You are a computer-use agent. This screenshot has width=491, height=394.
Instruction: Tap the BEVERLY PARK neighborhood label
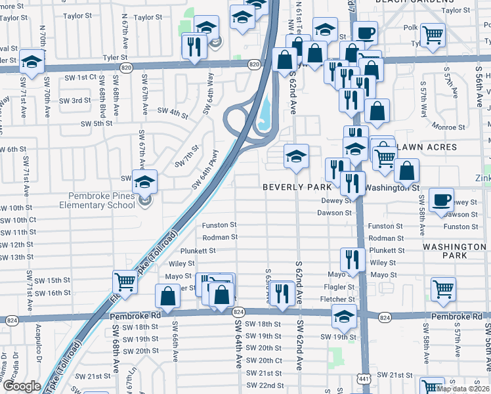pos(297,187)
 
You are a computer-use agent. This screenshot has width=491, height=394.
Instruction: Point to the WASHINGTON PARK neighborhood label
pos(454,252)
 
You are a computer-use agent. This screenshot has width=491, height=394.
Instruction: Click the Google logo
pos(22,386)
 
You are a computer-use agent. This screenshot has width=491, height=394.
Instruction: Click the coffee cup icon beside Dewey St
pos(442,199)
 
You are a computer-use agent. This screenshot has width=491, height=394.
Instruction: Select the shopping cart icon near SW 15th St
pos(125,282)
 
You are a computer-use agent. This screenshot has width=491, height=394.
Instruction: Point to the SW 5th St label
pos(96,123)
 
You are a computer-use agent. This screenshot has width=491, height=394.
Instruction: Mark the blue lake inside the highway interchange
pos(265,113)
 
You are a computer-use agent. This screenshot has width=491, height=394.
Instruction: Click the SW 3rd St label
pos(75,100)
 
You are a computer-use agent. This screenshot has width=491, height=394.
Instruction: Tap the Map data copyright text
pos(463,389)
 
